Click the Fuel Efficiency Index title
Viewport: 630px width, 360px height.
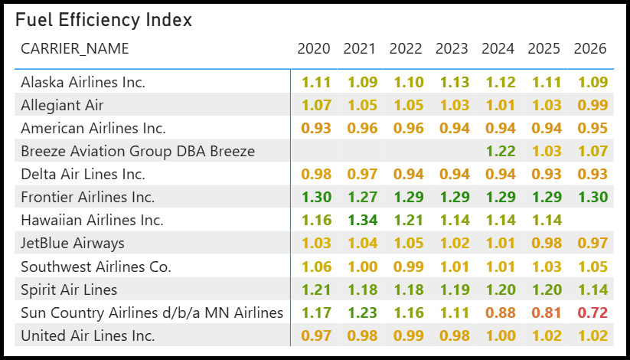pos(103,20)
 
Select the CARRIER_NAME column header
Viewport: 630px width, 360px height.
pos(75,49)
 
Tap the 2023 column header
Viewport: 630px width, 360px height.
pos(452,49)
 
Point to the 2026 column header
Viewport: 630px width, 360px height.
pos(590,49)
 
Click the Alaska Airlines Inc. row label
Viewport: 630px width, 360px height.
pos(83,82)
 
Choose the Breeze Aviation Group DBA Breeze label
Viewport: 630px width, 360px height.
pos(138,151)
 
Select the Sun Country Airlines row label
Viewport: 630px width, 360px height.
pos(152,313)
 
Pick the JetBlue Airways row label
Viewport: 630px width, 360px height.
pos(73,244)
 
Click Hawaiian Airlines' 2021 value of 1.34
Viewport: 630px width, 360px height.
pos(363,221)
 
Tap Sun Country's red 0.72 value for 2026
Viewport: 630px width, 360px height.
pos(592,313)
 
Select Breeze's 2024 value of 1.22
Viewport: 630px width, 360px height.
pos(501,151)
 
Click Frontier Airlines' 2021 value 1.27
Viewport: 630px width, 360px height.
pos(363,197)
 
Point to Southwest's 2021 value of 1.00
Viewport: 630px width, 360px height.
pos(363,267)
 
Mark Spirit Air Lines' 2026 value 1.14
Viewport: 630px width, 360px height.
pos(592,290)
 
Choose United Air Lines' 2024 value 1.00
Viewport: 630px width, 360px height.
pos(501,335)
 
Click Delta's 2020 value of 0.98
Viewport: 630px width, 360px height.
pos(317,174)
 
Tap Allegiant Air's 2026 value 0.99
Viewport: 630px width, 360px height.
pos(592,105)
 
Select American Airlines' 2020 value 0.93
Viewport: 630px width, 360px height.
pos(317,129)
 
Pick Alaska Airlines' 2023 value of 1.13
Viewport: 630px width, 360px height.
pos(455,82)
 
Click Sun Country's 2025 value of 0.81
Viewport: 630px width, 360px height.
pos(547,313)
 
